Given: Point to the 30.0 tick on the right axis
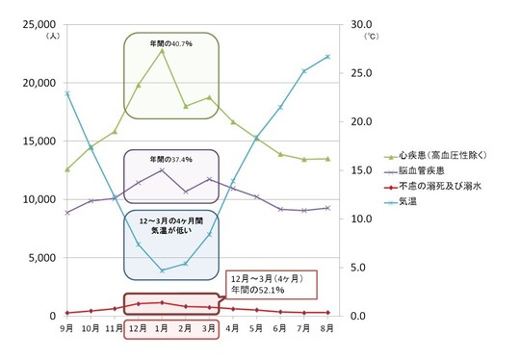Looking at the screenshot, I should (x=350, y=24).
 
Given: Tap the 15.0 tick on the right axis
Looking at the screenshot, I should (x=350, y=170).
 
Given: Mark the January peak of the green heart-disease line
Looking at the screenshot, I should (x=162, y=50).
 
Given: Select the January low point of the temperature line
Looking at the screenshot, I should (x=162, y=270).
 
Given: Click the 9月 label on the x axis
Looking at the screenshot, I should (x=66, y=328).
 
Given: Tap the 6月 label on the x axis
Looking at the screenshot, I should (x=279, y=328).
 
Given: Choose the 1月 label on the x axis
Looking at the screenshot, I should (x=162, y=329).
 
